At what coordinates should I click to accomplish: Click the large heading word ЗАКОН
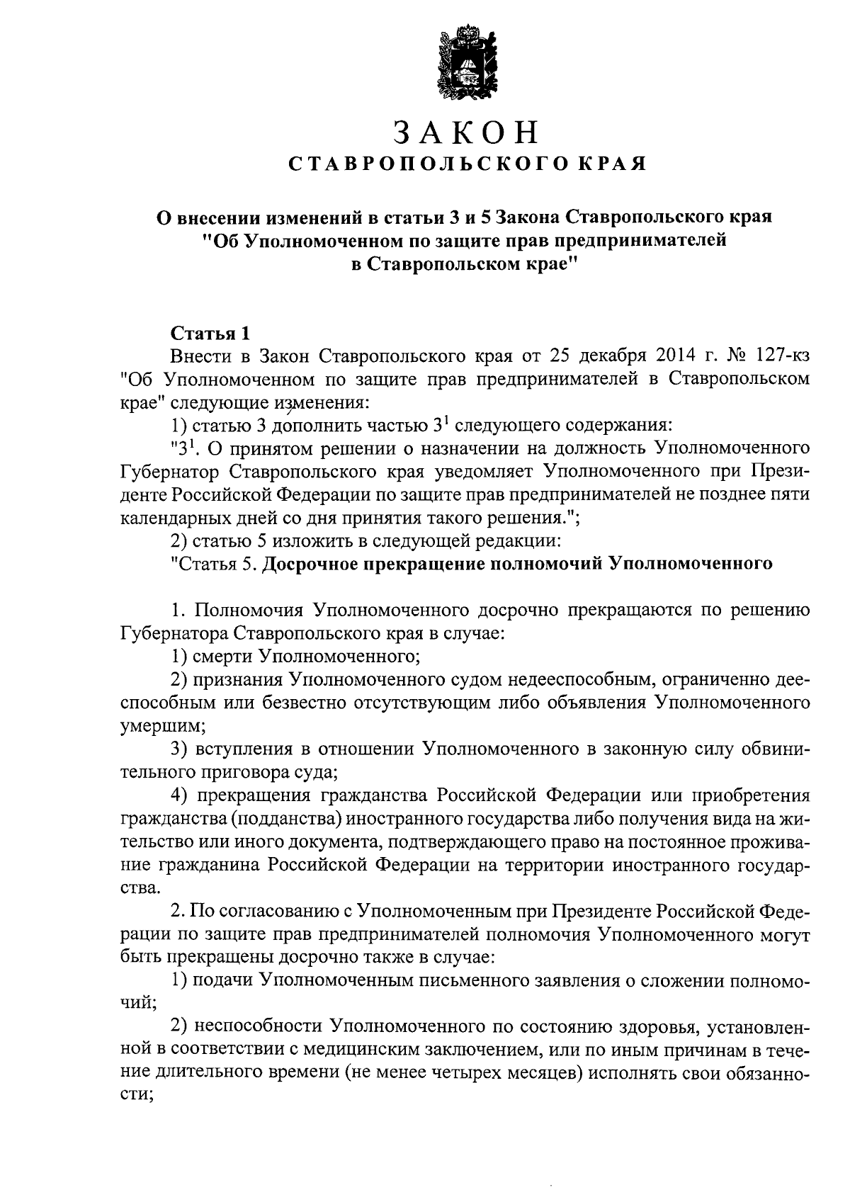click(467, 133)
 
